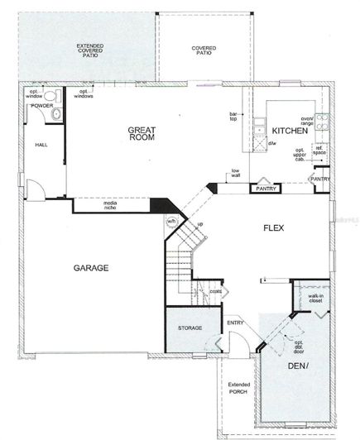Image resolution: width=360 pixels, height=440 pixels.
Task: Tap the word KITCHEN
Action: (290, 132)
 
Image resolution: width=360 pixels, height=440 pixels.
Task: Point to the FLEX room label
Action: (274, 227)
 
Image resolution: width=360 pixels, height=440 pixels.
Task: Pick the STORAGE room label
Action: (190, 328)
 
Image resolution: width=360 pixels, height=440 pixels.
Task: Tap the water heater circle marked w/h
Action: (172, 221)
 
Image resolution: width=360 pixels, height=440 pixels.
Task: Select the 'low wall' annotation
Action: (240, 176)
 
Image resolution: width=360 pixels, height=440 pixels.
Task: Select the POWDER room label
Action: (42, 106)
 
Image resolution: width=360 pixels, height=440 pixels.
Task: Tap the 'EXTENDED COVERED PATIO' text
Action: (89, 50)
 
